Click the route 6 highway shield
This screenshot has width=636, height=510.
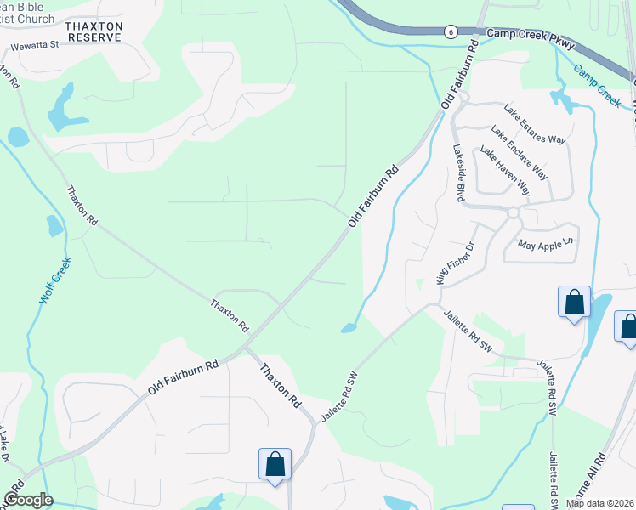[x=449, y=31]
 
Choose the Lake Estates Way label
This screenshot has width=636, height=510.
[x=534, y=124]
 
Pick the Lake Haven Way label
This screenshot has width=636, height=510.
[x=504, y=171]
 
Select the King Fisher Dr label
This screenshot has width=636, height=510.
[x=452, y=263]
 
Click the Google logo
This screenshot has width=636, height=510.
[x=27, y=500]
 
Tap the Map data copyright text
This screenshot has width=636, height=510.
[x=600, y=503]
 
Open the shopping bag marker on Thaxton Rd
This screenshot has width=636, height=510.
[x=275, y=465]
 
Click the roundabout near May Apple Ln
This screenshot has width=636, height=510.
[x=513, y=212]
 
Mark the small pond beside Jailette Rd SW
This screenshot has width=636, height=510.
[x=349, y=328]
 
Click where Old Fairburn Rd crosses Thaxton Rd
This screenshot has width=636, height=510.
[x=244, y=347]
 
